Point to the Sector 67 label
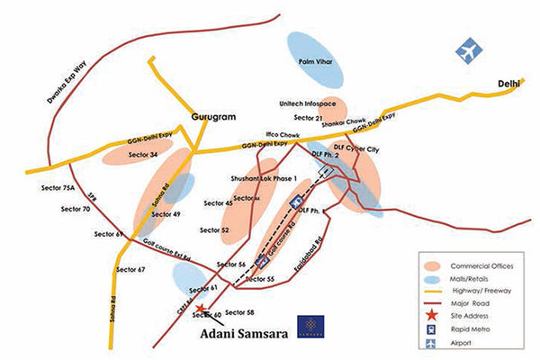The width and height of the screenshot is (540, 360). (x=130, y=269)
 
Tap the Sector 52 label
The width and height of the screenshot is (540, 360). (x=215, y=230)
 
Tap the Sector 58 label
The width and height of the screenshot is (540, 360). (x=239, y=311)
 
